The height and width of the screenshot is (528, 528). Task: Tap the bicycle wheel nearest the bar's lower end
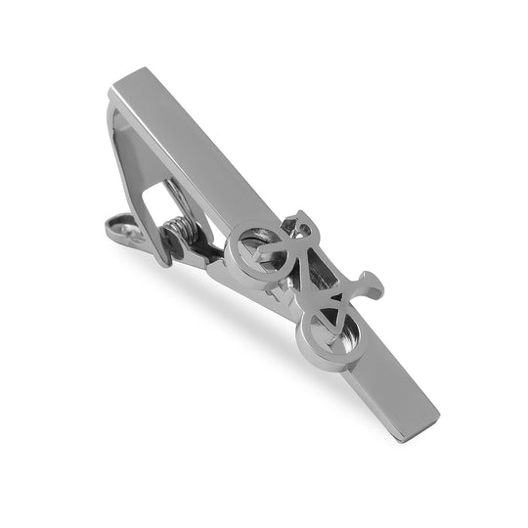(x=326, y=331)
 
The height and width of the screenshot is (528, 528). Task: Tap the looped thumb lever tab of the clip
(x=125, y=230)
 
